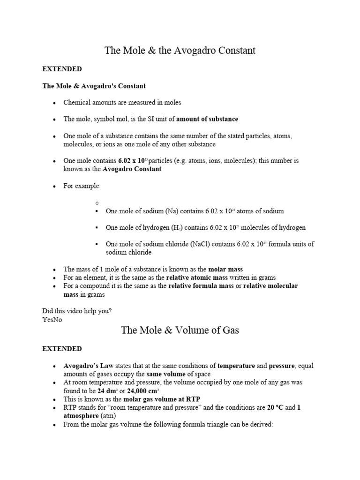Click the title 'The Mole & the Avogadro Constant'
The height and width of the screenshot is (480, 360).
pos(180,50)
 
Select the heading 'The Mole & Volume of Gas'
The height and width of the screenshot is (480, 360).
pos(180,330)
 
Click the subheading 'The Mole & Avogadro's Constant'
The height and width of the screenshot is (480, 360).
pos(94,86)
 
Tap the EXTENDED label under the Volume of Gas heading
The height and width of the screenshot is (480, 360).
pos(62,349)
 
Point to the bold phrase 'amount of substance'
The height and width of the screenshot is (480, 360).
pos(207,119)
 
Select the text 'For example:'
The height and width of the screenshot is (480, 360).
pos(82,186)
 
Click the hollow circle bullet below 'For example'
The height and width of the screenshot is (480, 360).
pos(96,202)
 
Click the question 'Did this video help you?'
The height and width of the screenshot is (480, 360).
pos(77,311)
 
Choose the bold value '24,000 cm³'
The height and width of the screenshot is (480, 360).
pos(142,390)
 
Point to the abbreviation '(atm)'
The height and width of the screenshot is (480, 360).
pos(108,416)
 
